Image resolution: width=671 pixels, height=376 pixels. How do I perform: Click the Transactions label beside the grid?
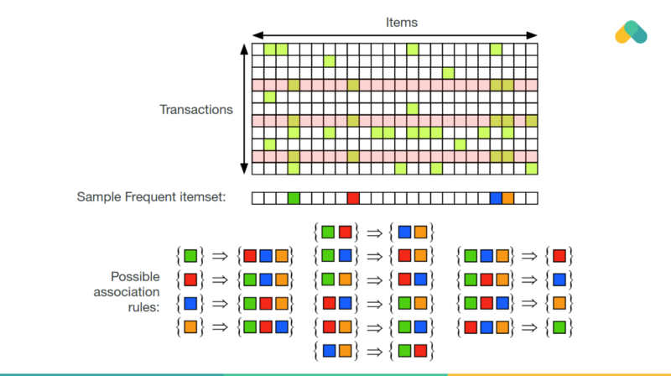click(x=195, y=109)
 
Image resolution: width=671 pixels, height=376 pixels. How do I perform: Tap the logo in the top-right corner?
click(x=631, y=33)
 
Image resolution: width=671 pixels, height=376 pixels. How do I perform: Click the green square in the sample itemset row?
click(x=293, y=198)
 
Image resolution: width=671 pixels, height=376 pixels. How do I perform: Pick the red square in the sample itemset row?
click(x=353, y=198)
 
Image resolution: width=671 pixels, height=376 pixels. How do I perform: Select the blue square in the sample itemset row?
click(x=496, y=198)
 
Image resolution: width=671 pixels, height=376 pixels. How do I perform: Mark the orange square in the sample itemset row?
click(x=507, y=198)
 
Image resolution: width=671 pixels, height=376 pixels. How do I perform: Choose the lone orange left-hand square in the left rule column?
click(x=190, y=325)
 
